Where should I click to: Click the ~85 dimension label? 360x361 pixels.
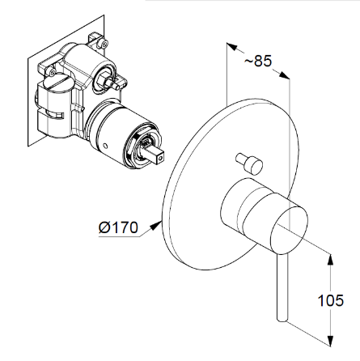(x=258, y=61)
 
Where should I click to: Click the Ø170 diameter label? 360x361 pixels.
(x=118, y=227)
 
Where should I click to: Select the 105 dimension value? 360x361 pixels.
(x=331, y=300)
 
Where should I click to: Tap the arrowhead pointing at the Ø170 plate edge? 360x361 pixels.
(x=156, y=225)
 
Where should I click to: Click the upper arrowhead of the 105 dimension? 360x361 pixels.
(x=331, y=260)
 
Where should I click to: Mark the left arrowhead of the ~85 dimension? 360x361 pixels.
(x=232, y=47)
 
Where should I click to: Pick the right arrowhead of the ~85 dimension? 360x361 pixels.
(x=284, y=75)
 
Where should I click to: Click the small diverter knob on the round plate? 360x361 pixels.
(x=249, y=164)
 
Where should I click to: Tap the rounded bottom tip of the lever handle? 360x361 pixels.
(x=282, y=319)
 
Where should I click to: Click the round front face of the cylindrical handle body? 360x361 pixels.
(x=289, y=230)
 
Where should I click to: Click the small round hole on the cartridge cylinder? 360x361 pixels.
(x=106, y=147)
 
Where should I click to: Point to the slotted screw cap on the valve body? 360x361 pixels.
(x=57, y=82)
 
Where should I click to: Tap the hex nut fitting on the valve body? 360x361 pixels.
(x=104, y=79)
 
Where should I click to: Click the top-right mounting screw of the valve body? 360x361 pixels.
(x=104, y=43)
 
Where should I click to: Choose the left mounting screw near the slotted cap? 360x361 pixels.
(x=53, y=72)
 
